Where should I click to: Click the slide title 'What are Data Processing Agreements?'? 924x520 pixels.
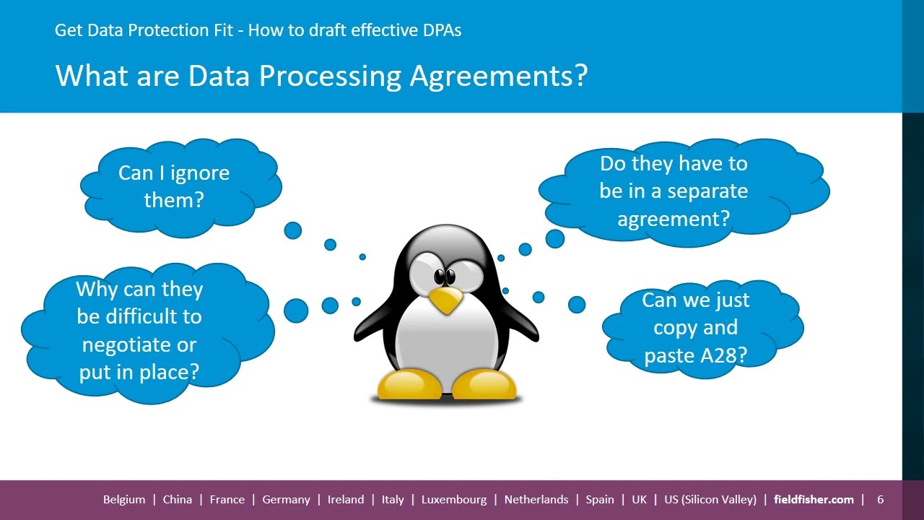(x=321, y=76)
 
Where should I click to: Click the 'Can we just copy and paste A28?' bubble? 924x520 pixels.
(x=696, y=328)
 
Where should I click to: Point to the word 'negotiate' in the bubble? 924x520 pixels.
(x=139, y=344)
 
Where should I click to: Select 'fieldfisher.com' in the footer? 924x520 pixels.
(x=814, y=499)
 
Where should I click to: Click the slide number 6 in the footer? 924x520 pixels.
(x=881, y=499)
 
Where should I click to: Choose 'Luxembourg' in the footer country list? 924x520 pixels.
(x=454, y=499)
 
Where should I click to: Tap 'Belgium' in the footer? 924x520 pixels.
(x=124, y=499)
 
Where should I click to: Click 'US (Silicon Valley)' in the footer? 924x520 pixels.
(x=710, y=499)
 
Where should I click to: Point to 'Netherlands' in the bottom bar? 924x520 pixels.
(x=536, y=499)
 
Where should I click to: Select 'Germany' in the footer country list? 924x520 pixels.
(x=286, y=499)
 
